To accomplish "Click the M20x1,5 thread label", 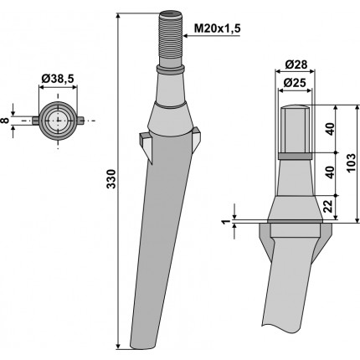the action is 217,28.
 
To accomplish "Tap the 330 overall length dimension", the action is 111,179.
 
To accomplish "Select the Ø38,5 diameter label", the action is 58,80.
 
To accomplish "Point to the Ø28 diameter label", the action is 296,64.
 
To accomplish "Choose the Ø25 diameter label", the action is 295,83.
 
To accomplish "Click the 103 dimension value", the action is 352,162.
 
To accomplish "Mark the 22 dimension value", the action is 330,206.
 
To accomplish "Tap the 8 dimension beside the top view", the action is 5,121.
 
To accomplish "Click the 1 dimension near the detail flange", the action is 226,222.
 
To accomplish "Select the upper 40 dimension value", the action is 330,129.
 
